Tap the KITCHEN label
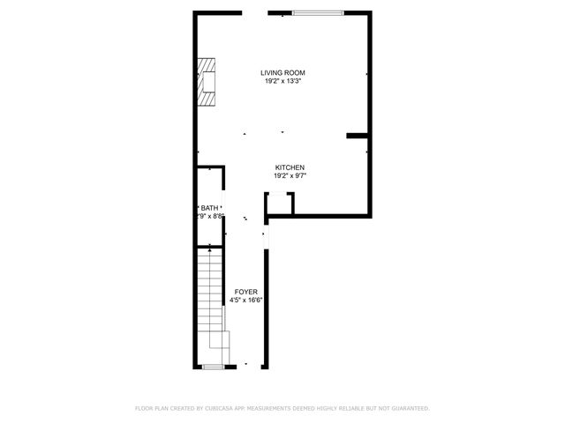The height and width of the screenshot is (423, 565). pos(290,167)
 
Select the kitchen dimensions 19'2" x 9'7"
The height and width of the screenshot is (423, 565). pos(290,175)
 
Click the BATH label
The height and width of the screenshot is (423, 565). pos(208,207)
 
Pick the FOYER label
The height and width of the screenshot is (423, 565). pos(246,292)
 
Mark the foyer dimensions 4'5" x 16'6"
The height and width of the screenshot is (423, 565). pos(246,300)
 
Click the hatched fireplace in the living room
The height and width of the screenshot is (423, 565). pos(207,83)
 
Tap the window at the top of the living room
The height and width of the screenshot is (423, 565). pos(318,12)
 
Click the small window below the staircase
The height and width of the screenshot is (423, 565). pos(213,367)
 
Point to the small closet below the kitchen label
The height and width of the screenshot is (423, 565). pos(279,204)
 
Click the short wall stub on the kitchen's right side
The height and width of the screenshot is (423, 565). pos(357,136)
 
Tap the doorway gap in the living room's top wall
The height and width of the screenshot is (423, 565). pos(255,12)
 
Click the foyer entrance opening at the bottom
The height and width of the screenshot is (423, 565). pos(246,367)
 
